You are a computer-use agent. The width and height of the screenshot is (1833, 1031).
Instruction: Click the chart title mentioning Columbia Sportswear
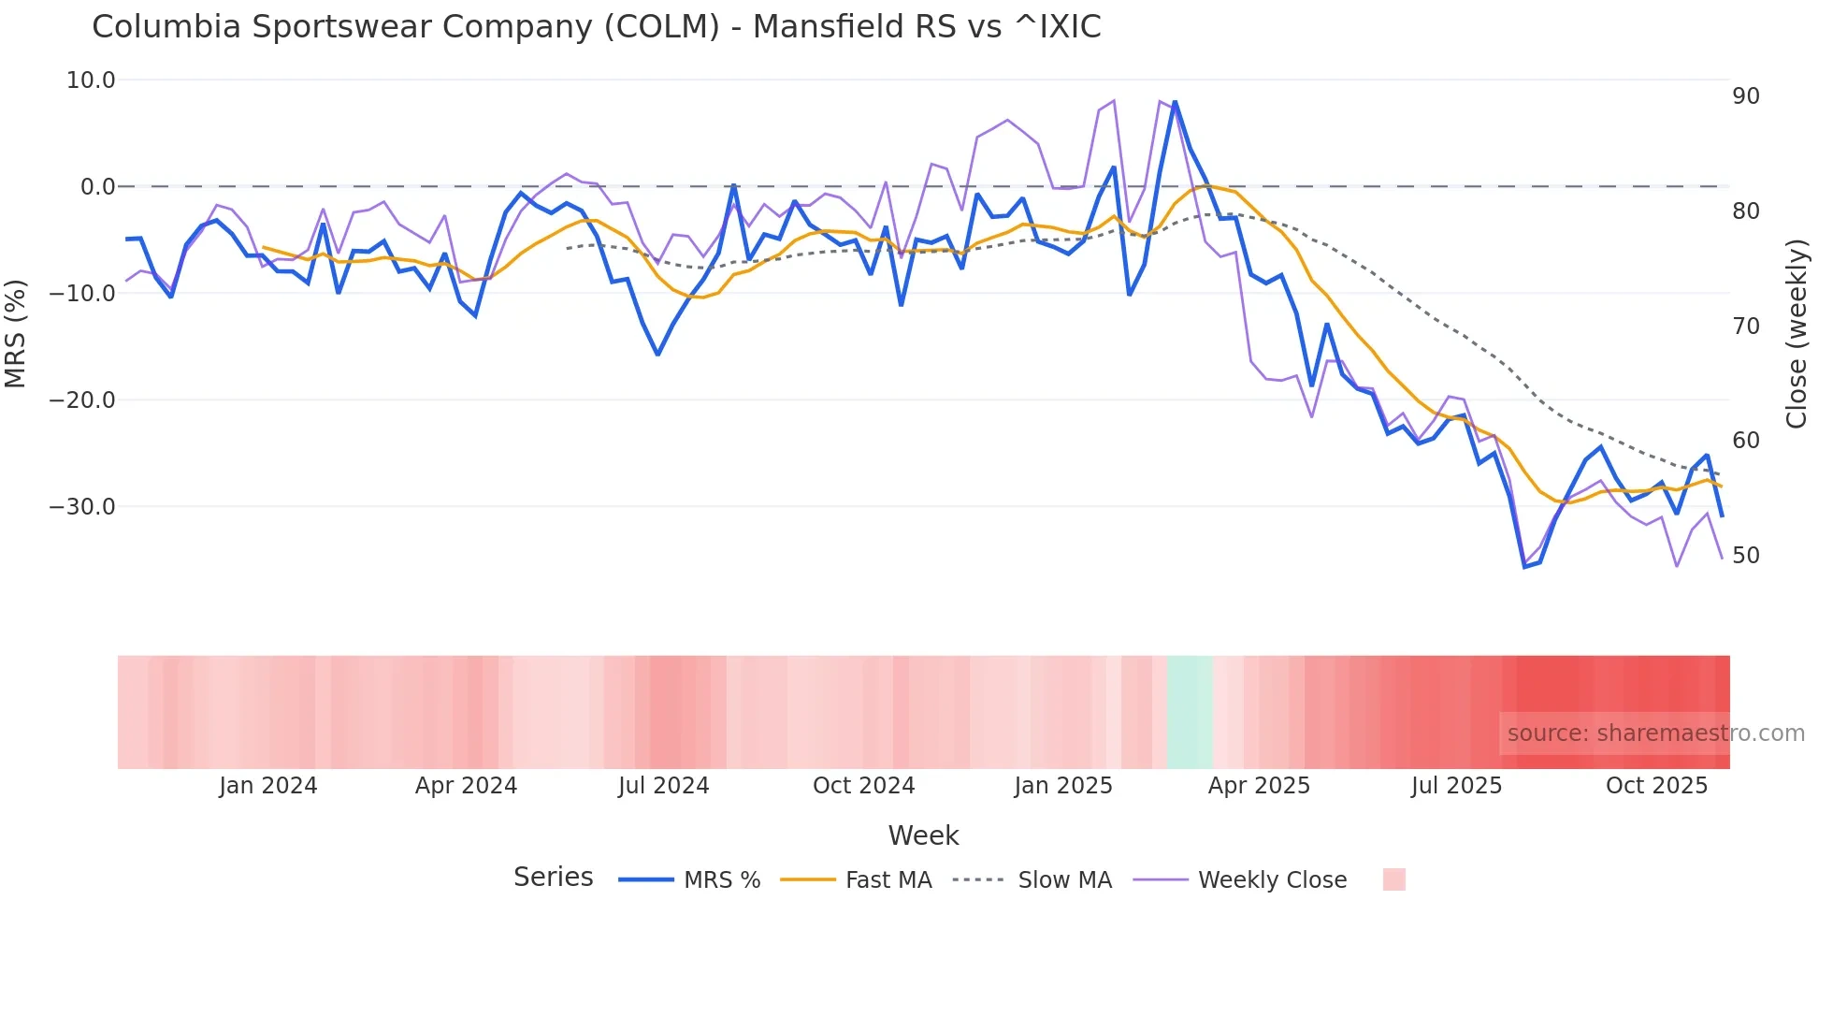(x=596, y=27)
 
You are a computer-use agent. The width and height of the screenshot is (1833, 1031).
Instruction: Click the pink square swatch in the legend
(x=1393, y=879)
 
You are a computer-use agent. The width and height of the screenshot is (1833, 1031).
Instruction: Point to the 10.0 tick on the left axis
(x=91, y=80)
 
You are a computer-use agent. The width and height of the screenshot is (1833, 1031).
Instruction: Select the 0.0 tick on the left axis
(x=97, y=187)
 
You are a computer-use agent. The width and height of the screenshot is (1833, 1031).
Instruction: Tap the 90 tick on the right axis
(x=1745, y=96)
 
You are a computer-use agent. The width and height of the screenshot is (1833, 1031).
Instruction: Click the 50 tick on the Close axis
(x=1745, y=556)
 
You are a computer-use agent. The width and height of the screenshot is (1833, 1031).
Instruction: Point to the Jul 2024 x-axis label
(x=663, y=786)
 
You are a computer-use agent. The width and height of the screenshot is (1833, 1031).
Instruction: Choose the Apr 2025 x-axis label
(x=1259, y=786)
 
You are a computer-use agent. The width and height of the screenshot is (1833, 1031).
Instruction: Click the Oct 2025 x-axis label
(x=1656, y=786)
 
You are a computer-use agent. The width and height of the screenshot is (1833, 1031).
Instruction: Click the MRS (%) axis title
(x=16, y=334)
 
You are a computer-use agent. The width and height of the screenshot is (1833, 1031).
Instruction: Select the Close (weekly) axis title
(x=1796, y=334)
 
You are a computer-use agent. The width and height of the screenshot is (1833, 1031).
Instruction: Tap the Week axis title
(x=923, y=835)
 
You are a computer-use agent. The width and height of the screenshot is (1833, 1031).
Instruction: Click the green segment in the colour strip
(x=1190, y=712)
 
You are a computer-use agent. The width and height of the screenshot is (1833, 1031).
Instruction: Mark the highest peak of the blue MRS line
(x=1175, y=102)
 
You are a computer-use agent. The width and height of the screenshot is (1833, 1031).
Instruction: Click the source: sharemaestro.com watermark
(x=1655, y=733)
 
